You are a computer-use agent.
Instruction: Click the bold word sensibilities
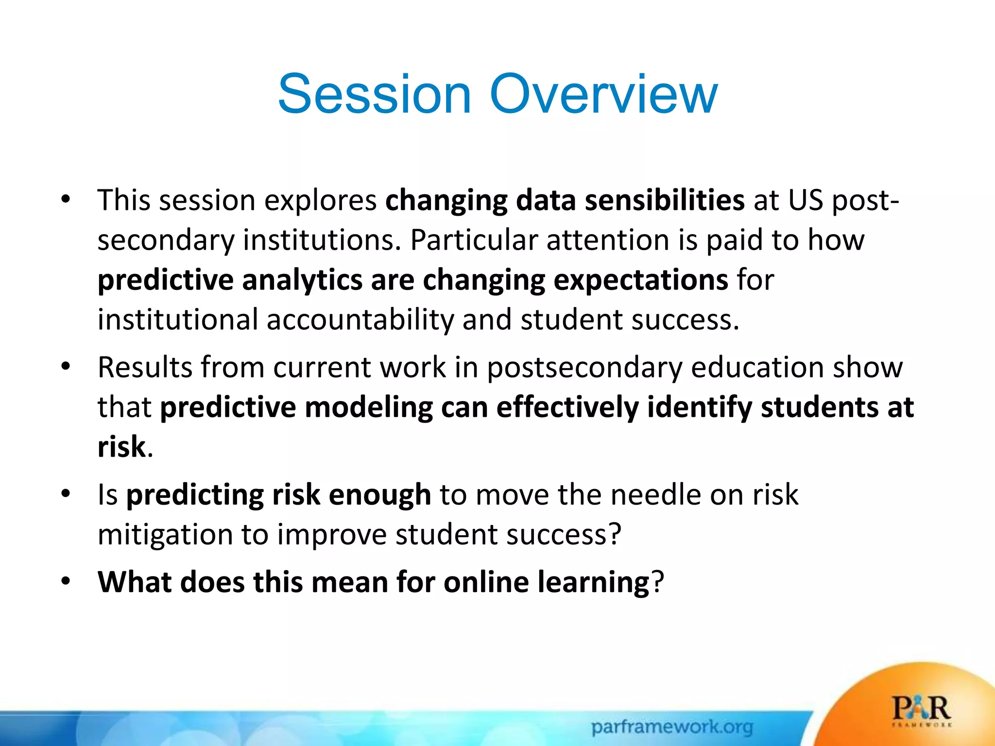[665, 200]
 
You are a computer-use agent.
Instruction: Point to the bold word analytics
[302, 281]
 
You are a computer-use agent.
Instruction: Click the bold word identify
[700, 408]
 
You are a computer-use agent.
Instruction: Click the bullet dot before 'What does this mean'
[66, 581]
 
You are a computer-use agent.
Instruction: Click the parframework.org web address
[672, 727]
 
